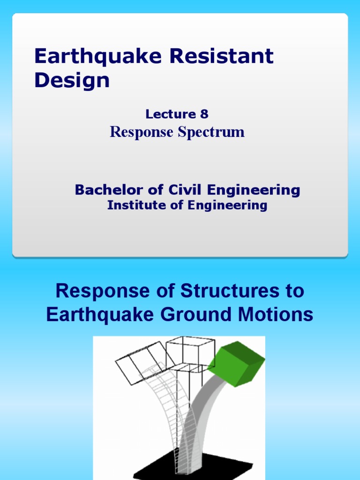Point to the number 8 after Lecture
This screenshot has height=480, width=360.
click(x=203, y=114)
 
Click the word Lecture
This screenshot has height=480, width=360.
click(x=170, y=114)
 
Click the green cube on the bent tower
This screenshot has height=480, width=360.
click(x=237, y=364)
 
